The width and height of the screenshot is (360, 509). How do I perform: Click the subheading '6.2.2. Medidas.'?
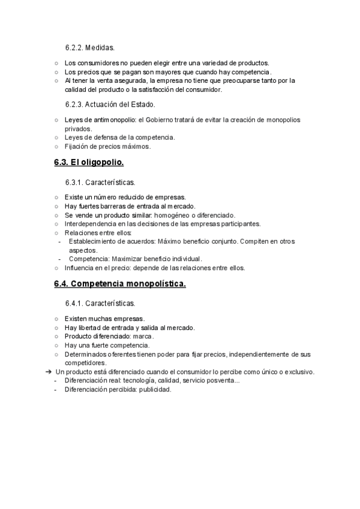click(90, 47)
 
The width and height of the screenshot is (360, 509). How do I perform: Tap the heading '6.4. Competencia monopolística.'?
click(120, 284)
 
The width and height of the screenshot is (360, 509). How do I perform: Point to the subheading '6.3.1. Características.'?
click(100, 181)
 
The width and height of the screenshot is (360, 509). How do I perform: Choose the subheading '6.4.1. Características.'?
click(100, 303)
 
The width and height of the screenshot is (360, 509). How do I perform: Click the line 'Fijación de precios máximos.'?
click(108, 146)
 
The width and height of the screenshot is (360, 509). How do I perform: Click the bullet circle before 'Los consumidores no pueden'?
click(56, 63)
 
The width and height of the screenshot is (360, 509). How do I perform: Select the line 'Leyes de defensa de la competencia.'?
click(120, 137)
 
